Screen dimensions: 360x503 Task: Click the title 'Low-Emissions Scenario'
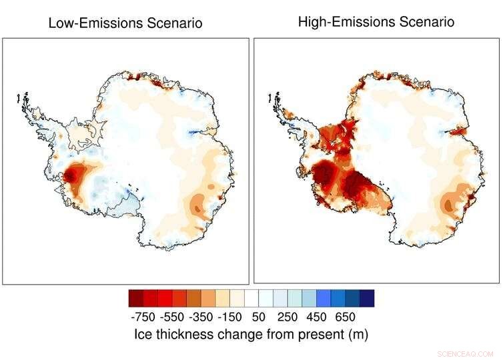125,23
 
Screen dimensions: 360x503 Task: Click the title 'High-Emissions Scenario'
376,21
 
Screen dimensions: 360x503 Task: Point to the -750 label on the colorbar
143,317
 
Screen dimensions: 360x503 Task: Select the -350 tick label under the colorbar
203,317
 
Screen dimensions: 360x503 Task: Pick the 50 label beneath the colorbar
259,317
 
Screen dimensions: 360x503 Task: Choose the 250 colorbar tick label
287,317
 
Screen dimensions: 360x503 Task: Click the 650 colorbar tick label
346,317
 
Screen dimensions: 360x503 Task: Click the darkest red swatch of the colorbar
136,297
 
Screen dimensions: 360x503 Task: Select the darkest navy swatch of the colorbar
367,297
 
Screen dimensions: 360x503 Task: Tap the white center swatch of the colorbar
251,297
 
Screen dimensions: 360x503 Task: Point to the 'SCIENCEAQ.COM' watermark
465,353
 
